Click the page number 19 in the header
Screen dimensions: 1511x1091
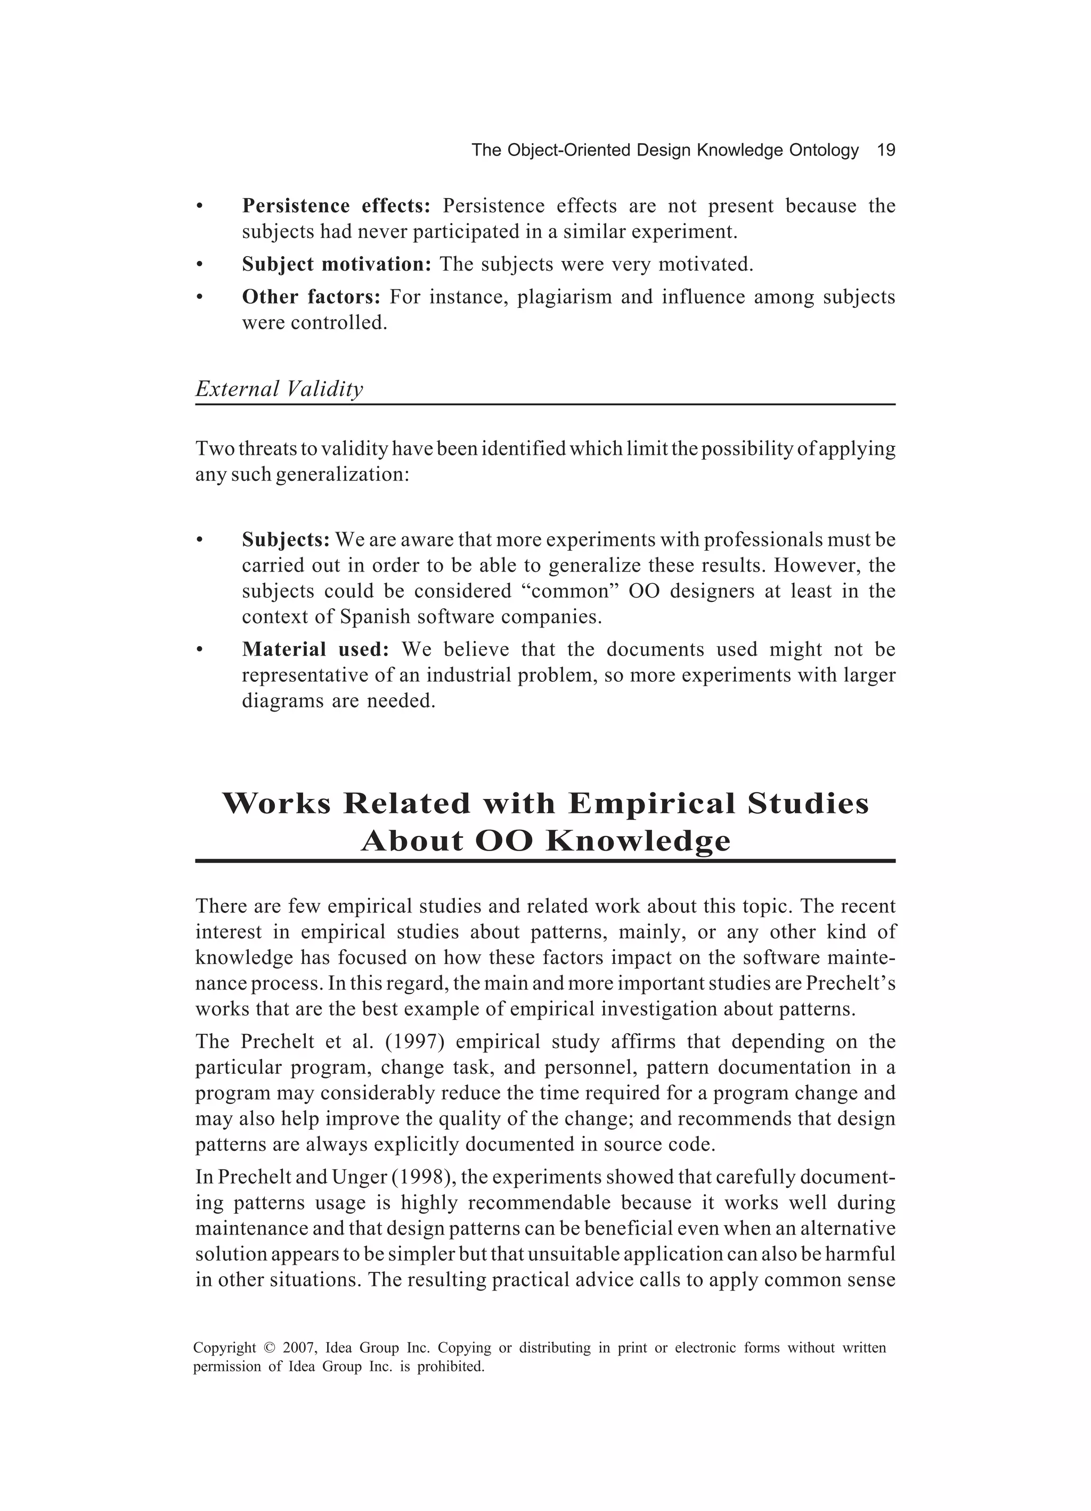[x=886, y=151]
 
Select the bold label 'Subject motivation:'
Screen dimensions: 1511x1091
[x=337, y=265]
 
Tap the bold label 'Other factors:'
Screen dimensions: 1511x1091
[x=311, y=297]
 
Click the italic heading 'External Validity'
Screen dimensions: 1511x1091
[x=279, y=389]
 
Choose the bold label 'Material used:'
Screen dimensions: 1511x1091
[x=315, y=649]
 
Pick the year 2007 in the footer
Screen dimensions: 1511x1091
[x=298, y=1349]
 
